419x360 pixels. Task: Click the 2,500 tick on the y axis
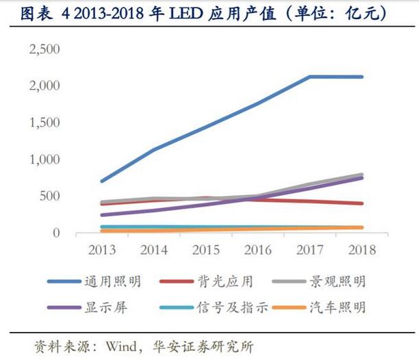point(45,49)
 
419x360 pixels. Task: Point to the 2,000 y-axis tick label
point(45,86)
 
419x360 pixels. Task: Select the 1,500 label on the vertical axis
point(45,123)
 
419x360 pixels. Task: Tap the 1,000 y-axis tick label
point(45,159)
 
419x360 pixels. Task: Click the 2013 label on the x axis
point(101,250)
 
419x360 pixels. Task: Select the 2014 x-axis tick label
point(153,250)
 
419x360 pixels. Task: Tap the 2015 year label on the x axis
point(206,250)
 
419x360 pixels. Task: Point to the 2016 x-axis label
point(258,250)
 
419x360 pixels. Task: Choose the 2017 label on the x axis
point(310,250)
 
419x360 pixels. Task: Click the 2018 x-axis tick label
point(362,250)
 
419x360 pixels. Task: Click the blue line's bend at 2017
point(310,77)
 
